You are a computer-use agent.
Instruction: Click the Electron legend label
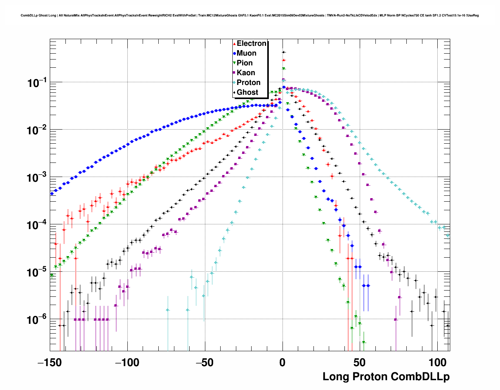click(x=252, y=43)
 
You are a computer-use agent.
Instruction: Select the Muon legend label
click(x=246, y=53)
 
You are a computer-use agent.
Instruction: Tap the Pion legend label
click(x=245, y=63)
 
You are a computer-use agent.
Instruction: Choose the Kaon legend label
click(x=246, y=73)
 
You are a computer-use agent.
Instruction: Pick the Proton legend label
click(x=248, y=83)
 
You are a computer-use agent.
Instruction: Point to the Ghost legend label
click(x=247, y=92)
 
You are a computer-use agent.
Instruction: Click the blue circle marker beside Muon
click(x=234, y=53)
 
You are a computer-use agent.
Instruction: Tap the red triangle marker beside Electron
click(x=234, y=43)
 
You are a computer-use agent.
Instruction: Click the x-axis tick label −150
click(x=50, y=363)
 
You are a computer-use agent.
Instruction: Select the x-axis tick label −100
click(x=127, y=363)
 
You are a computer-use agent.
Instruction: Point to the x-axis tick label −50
click(x=205, y=363)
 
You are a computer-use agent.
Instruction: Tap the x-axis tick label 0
click(x=283, y=363)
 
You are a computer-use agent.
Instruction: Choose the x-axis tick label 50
click(x=360, y=363)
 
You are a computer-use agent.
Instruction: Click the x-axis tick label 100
click(x=435, y=363)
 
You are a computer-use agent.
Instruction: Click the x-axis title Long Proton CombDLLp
click(x=386, y=377)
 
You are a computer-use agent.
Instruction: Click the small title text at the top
click(x=250, y=16)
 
